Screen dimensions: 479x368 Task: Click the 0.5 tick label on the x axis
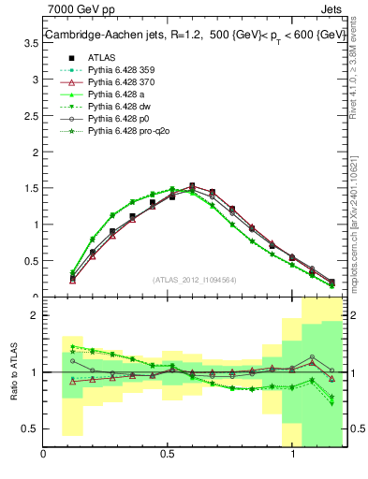169,454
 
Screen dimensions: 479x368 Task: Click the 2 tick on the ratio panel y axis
35,315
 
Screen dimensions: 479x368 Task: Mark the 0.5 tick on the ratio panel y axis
32,428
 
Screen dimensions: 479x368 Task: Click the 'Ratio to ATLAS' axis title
13,371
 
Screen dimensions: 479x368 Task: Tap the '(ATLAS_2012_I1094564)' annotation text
196,280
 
